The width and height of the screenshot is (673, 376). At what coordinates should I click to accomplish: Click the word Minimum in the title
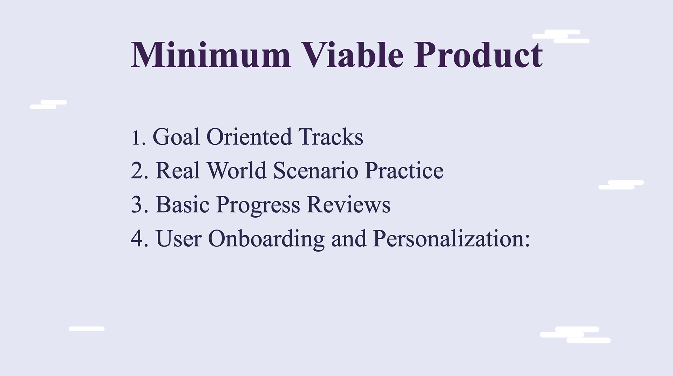(x=211, y=55)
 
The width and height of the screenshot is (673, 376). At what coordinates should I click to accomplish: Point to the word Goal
(x=176, y=136)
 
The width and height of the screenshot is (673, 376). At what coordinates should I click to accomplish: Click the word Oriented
(x=249, y=136)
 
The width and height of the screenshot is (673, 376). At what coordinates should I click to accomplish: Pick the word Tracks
(x=331, y=136)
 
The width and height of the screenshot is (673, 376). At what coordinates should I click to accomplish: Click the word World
(x=237, y=170)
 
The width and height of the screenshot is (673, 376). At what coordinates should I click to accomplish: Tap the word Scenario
(x=315, y=171)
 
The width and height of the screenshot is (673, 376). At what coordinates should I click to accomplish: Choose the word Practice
(x=404, y=170)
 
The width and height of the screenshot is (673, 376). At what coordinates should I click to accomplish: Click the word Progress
(x=258, y=205)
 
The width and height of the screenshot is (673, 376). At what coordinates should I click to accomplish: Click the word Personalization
(x=448, y=238)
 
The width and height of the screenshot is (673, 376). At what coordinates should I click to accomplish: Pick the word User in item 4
(x=179, y=239)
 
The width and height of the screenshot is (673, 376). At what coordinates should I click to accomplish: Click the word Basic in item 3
(x=182, y=204)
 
